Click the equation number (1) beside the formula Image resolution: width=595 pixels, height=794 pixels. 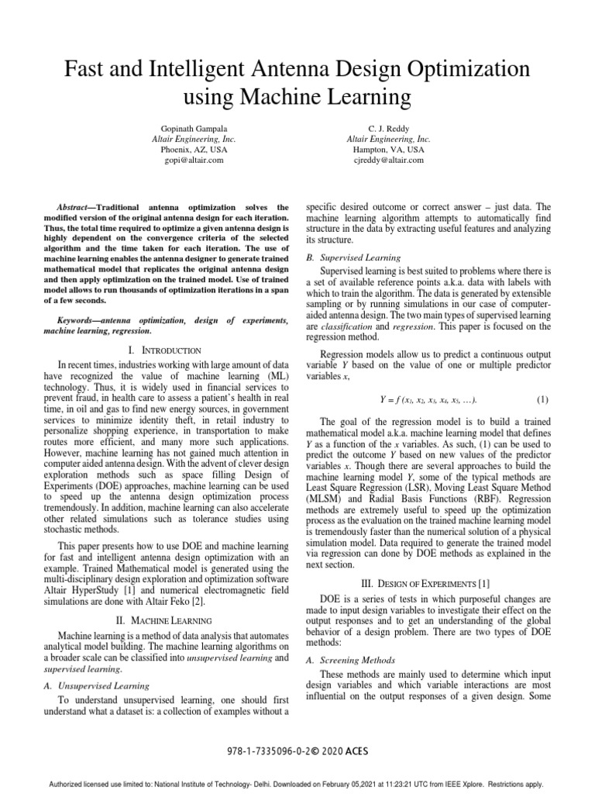542,399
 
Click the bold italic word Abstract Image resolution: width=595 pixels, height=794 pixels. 77,208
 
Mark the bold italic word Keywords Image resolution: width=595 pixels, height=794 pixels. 79,319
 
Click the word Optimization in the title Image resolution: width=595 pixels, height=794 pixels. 452,69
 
